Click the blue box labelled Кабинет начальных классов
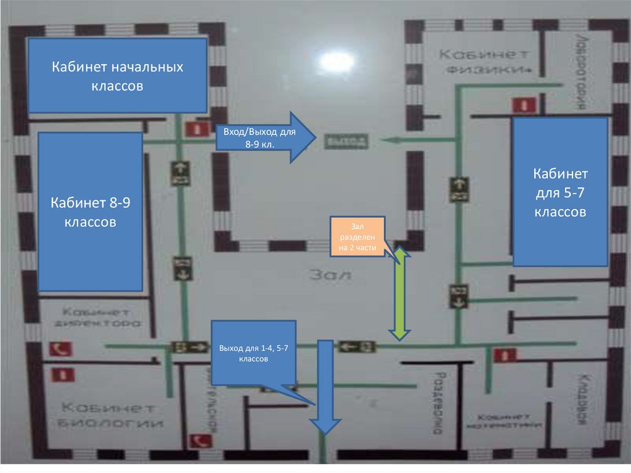[x=117, y=75]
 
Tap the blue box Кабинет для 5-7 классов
[x=560, y=192]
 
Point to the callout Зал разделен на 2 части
[x=358, y=236]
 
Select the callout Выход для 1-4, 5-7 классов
[x=253, y=353]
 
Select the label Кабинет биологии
[x=112, y=416]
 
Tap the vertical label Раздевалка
[x=439, y=404]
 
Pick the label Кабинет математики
[x=505, y=421]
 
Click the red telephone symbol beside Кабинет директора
[x=60, y=349]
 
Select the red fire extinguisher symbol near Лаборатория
[x=523, y=105]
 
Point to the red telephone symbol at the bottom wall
[x=200, y=440]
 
